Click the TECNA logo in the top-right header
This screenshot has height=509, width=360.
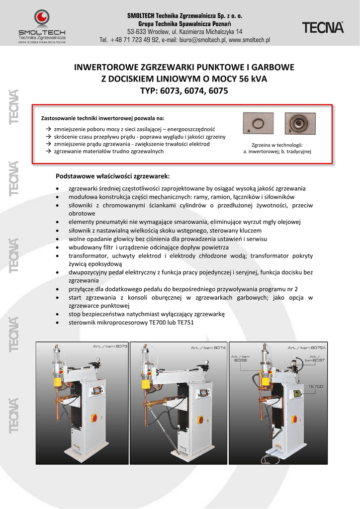click(x=323, y=28)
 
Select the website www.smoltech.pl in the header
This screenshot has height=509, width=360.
click(x=249, y=40)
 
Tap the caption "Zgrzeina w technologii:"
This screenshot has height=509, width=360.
click(x=276, y=145)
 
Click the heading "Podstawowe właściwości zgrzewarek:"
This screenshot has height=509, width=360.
click(x=113, y=176)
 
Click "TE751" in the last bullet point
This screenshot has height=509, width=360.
click(x=184, y=323)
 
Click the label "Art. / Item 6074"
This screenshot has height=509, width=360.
click(x=208, y=347)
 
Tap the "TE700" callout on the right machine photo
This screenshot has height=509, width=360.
click(x=316, y=386)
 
